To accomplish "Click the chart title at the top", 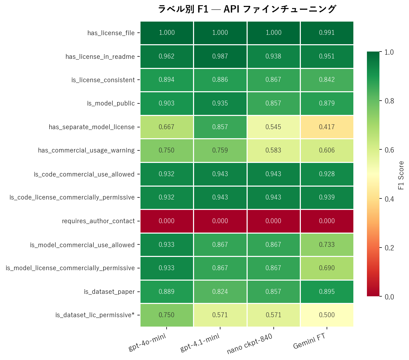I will (247, 9).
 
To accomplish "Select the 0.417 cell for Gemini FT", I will (327, 127).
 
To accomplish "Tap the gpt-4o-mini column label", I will (147, 342).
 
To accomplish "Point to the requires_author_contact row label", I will (98, 221).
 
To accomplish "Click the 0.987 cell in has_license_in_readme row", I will (220, 56).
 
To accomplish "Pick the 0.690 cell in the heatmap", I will (327, 268).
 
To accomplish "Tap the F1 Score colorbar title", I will (401, 175).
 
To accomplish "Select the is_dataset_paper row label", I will (109, 292).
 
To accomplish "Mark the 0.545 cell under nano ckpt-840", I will (273, 127).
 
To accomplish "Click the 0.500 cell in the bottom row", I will (327, 315).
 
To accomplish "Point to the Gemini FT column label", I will (310, 341).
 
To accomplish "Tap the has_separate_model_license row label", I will (91, 127).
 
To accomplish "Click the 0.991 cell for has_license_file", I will (327, 33).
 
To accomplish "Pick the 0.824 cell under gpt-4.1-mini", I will (220, 292).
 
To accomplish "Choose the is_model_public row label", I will (111, 103).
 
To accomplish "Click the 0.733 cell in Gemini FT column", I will (327, 245).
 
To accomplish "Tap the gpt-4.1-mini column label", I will (200, 342).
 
